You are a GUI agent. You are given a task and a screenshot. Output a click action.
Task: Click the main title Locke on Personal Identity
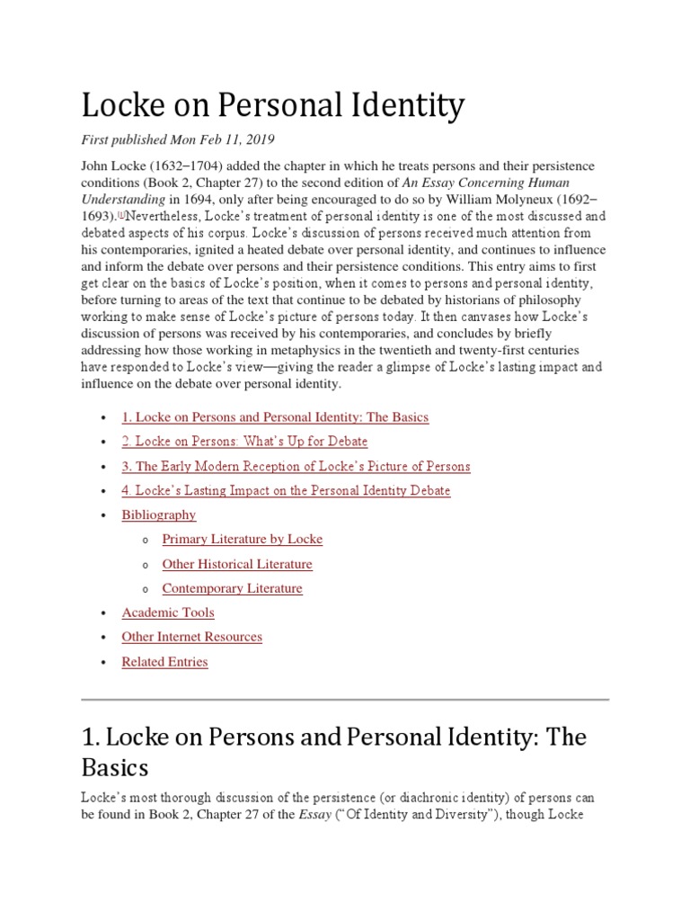tap(273, 107)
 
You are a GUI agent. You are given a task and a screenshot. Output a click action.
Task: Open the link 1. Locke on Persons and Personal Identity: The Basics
tap(275, 417)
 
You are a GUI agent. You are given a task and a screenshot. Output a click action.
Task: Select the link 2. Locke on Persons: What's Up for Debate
tap(244, 442)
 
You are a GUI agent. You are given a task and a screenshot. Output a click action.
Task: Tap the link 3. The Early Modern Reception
tap(296, 466)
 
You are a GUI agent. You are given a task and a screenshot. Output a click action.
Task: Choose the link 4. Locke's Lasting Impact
tap(286, 490)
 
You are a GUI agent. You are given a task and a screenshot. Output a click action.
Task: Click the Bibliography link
tap(158, 514)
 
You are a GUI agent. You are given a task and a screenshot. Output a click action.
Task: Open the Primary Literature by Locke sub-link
tap(242, 539)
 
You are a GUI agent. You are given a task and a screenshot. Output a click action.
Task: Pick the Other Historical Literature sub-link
tap(237, 564)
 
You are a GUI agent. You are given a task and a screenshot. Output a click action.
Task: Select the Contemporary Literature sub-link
tap(232, 588)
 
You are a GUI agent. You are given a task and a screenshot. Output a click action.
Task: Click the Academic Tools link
tap(166, 613)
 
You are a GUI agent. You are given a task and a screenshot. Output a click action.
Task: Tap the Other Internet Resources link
tap(191, 637)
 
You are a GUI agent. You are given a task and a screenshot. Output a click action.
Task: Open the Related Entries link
tap(164, 662)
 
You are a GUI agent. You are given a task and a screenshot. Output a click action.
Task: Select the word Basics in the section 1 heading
tap(114, 769)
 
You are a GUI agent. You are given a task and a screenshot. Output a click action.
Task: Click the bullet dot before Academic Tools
tap(104, 613)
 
